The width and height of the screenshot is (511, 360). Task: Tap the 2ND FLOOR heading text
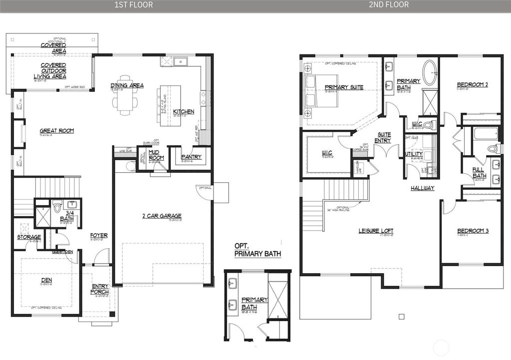(388, 5)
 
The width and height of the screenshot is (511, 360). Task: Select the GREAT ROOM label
(57, 131)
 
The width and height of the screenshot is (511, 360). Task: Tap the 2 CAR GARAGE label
(161, 216)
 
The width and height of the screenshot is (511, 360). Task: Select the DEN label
(46, 280)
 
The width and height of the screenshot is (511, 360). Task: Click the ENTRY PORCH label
(100, 289)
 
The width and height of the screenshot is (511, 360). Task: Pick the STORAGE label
(28, 237)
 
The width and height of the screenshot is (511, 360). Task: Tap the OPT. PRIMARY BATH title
(257, 250)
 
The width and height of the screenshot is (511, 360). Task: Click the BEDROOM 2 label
(472, 85)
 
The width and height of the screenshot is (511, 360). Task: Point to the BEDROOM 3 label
(472, 231)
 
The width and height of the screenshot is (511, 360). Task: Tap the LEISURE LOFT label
(376, 231)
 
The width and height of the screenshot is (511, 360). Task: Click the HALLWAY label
(422, 188)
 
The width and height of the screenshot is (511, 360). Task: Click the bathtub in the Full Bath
(485, 133)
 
